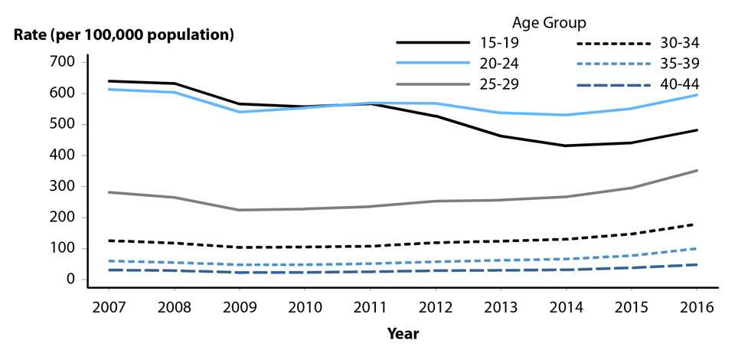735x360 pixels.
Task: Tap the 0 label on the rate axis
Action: [x=71, y=280]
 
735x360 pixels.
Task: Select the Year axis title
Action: [x=403, y=334]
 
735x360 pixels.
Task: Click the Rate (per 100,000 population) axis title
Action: [x=122, y=34]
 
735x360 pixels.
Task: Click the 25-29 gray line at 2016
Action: [x=696, y=170]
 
